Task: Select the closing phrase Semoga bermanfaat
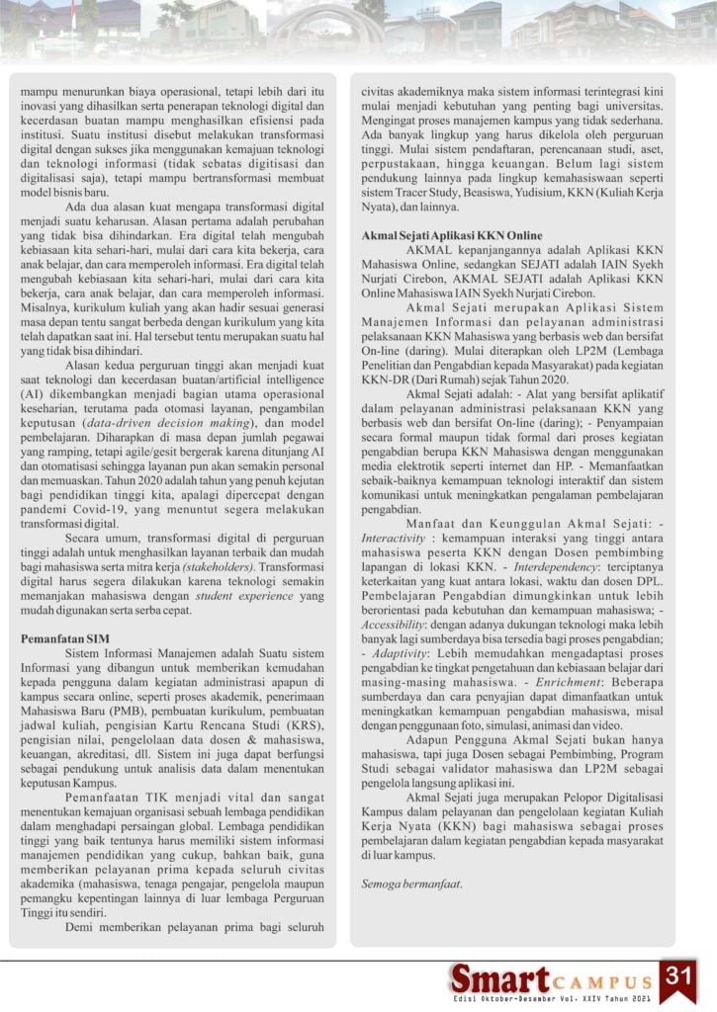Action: [410, 882]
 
